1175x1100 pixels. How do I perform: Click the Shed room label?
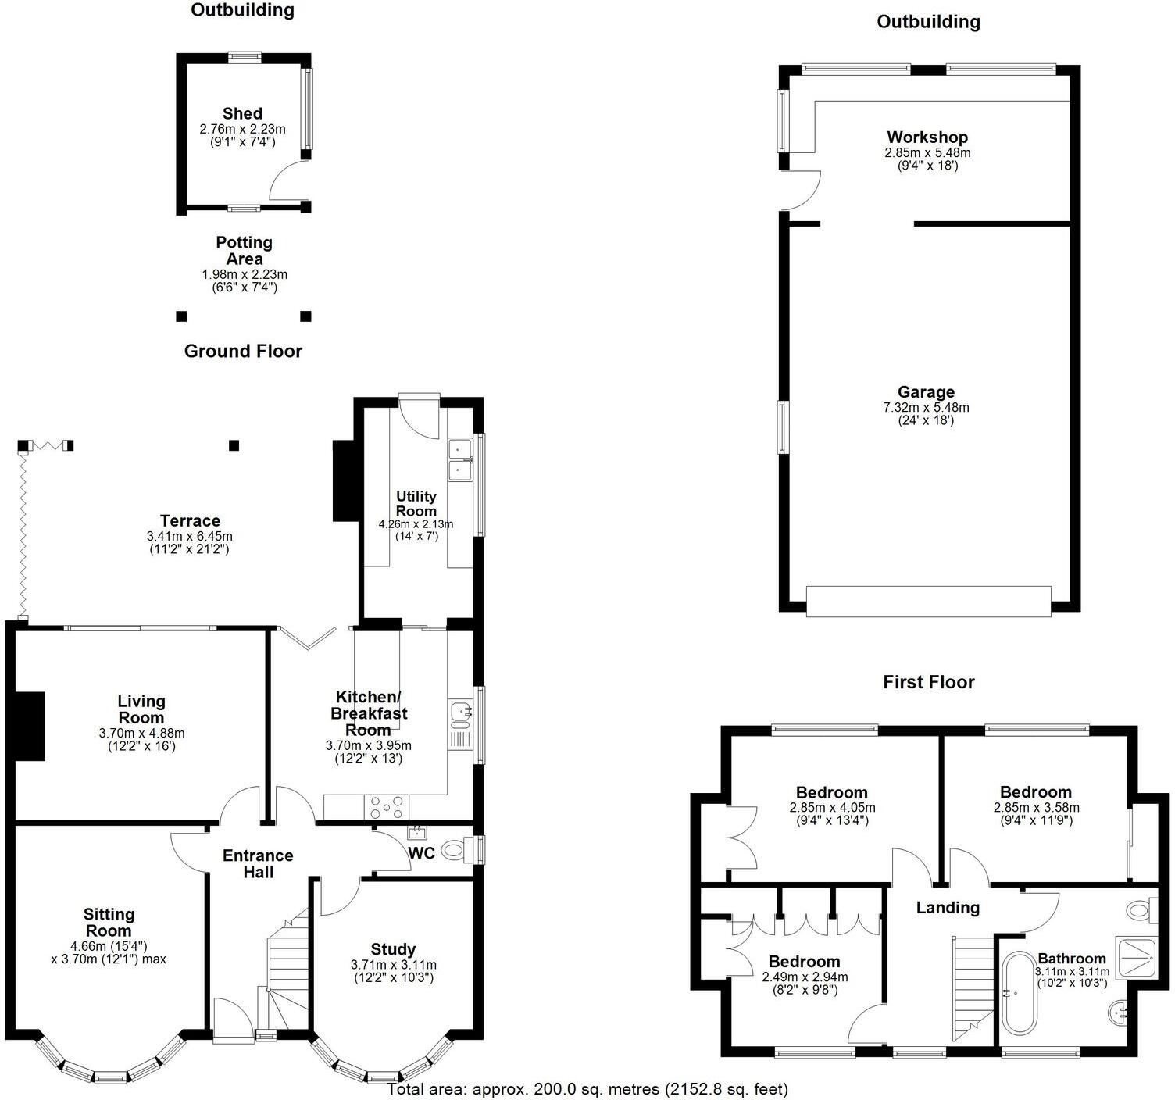(x=242, y=114)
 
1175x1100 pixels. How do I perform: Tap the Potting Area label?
(x=244, y=251)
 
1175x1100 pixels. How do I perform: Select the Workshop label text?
(x=927, y=137)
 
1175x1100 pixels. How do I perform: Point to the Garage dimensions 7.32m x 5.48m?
(x=926, y=407)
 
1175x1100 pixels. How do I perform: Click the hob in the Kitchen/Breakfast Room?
(x=386, y=805)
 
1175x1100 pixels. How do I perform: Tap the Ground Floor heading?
(x=243, y=352)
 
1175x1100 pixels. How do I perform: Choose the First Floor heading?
(x=929, y=682)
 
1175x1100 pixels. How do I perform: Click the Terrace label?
(x=190, y=521)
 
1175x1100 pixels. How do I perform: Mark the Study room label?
(x=393, y=950)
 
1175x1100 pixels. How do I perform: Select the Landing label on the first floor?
(x=947, y=907)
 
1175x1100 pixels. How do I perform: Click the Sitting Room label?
(x=109, y=922)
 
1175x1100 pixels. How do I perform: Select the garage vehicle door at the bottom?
(x=929, y=601)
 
